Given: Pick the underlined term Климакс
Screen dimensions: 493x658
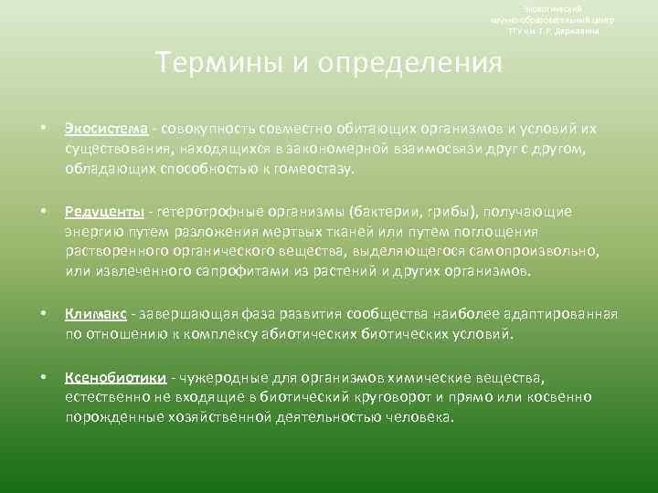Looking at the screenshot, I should pos(95,314).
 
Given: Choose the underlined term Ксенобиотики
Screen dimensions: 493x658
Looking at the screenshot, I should pos(115,377).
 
